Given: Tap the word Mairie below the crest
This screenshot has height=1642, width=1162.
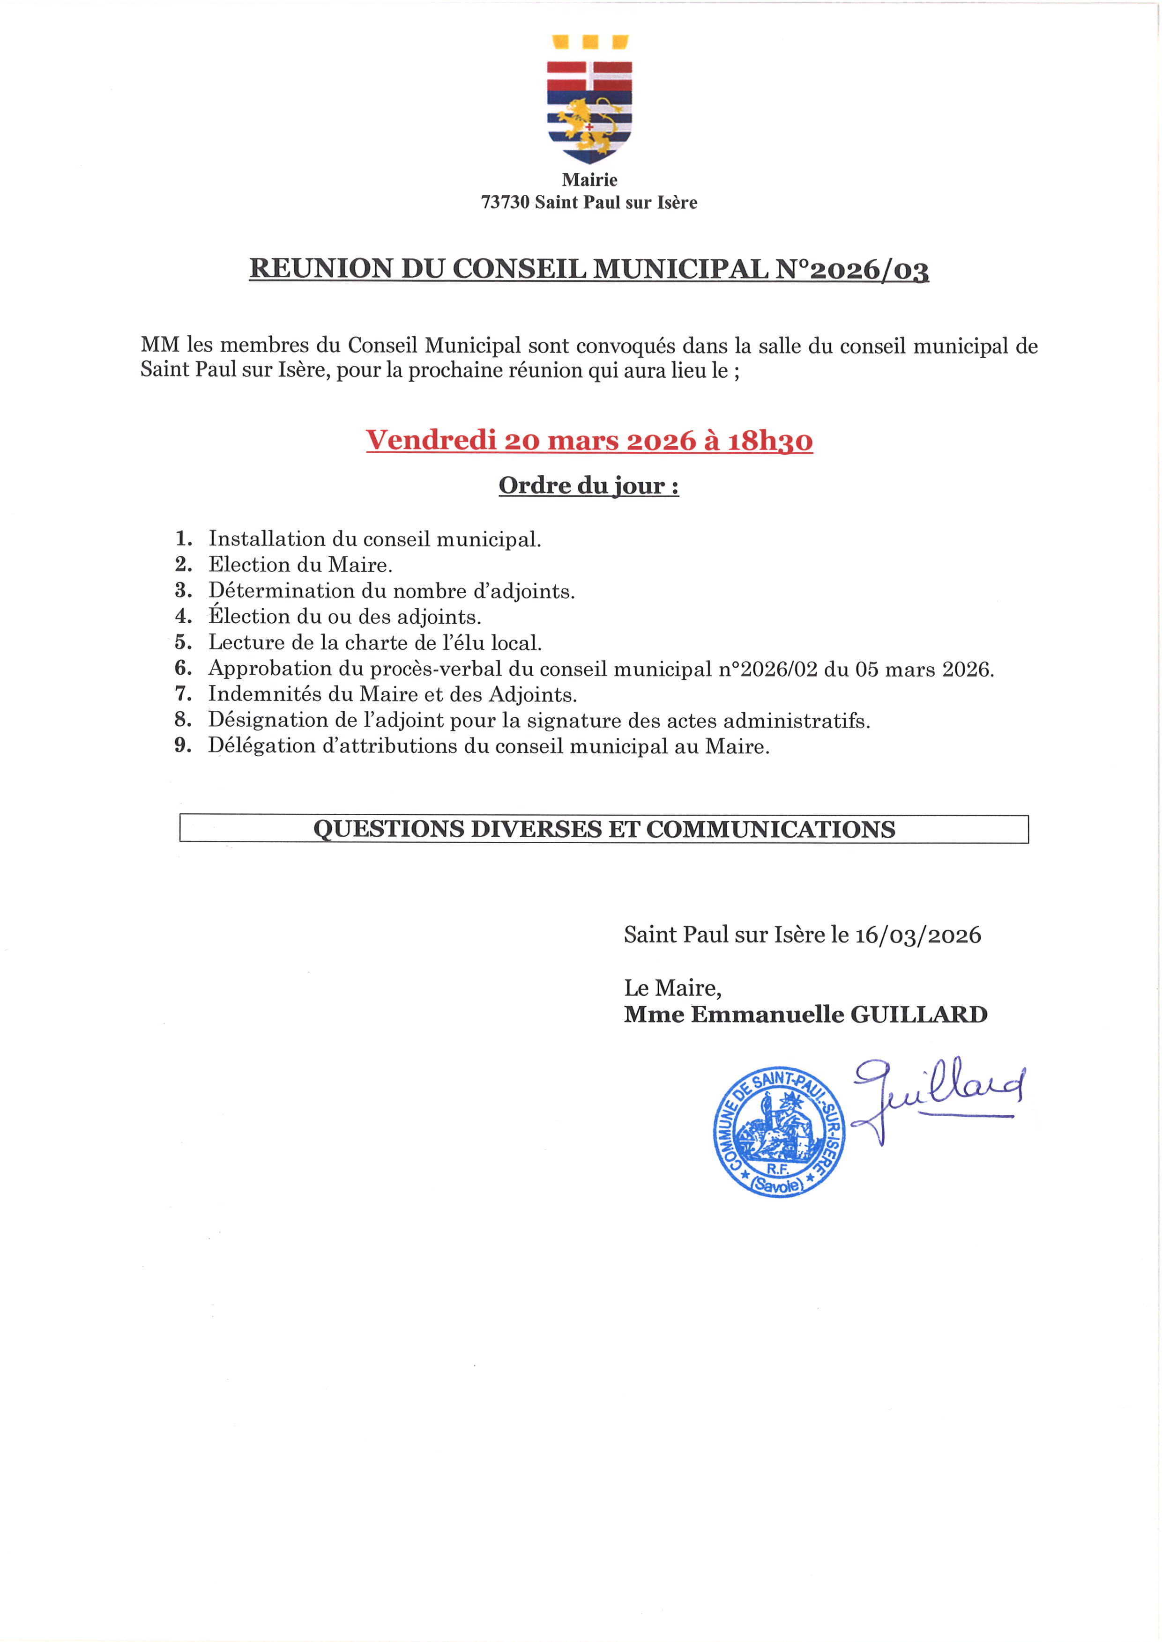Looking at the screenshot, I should coord(589,179).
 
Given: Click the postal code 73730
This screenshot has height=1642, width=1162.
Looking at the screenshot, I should coord(505,202).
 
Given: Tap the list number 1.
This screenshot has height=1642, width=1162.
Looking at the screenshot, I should coord(183,538).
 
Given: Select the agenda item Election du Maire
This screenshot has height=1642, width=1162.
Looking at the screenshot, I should coord(300,565).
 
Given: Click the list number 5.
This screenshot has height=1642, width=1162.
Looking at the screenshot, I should coord(183,642).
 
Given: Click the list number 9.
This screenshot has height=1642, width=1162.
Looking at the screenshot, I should coord(183,746).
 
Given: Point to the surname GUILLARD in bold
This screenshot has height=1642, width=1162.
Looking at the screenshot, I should coord(919,1014).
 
